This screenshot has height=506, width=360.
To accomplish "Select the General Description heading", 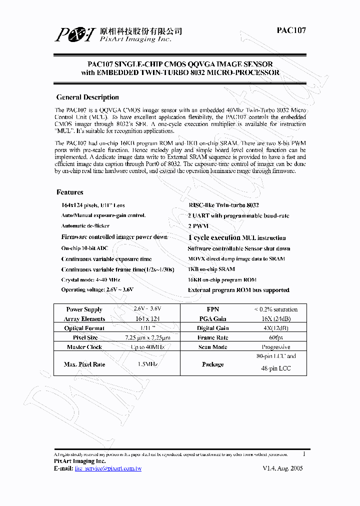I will (87, 97).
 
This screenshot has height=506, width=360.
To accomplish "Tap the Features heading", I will (70, 192).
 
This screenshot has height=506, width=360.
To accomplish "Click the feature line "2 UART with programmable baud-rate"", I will (238, 216).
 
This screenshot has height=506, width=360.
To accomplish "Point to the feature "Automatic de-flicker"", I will (85, 226).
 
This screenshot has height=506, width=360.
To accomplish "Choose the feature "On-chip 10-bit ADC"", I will (84, 248).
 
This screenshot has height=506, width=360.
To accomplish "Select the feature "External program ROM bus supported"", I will (238, 290).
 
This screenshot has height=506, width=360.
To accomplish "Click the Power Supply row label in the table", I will (84, 309).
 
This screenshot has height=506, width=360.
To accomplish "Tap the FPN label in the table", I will (212, 309).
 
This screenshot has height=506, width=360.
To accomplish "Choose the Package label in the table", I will (212, 364).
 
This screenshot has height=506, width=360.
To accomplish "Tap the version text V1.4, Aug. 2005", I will (282, 468).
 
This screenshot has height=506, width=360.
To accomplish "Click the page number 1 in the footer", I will (304, 454).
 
